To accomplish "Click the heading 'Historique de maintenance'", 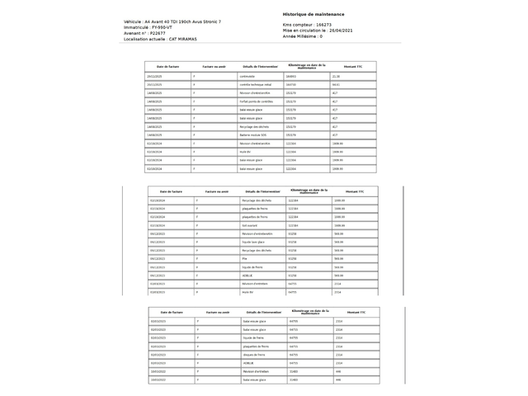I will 313,14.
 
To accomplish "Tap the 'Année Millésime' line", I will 303,36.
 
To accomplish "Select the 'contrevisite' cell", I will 250,76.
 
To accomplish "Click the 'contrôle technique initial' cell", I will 255,84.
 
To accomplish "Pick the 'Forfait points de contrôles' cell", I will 255,101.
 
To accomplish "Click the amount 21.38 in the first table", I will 336,76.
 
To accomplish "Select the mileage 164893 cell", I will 290,76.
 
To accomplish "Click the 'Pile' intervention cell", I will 244,258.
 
